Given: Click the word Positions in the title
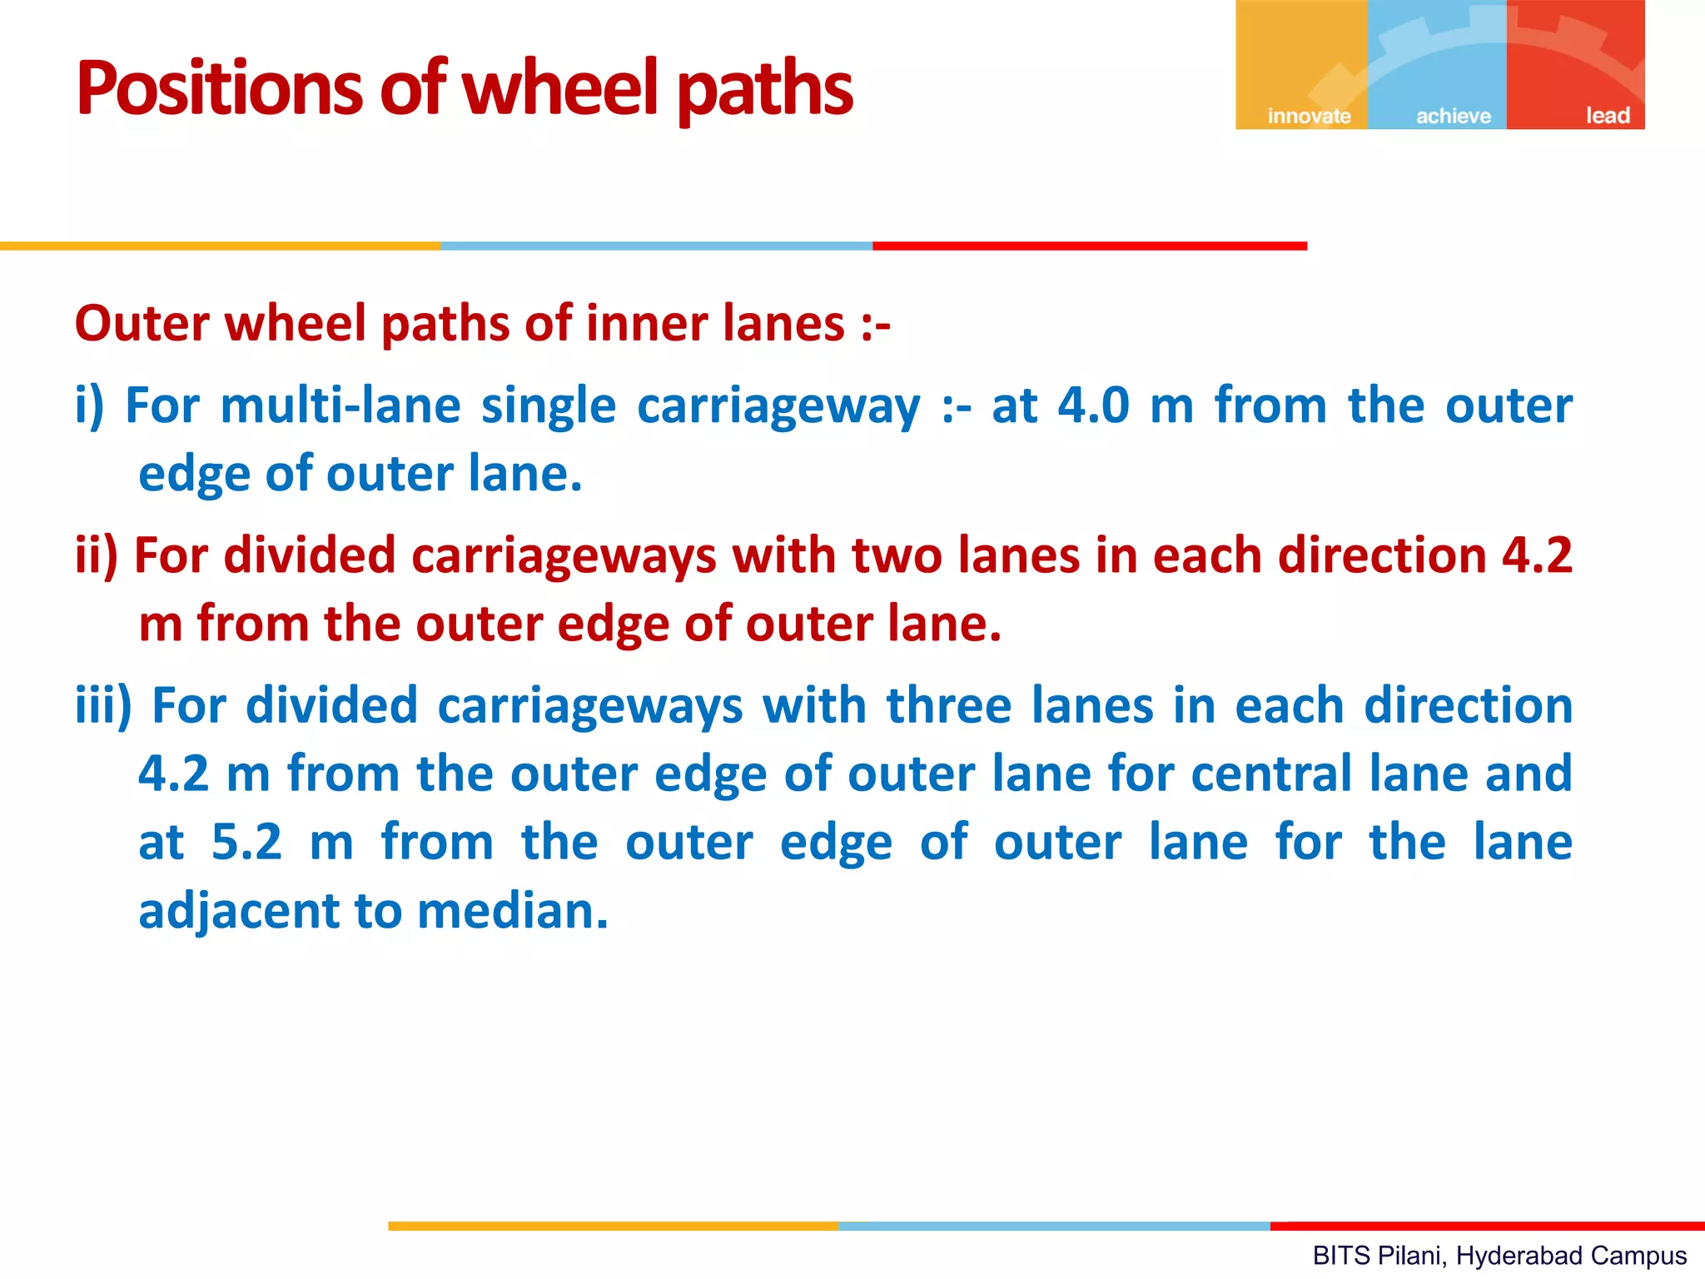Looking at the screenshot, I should [x=219, y=88].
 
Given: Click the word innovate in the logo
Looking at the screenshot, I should [x=1308, y=116].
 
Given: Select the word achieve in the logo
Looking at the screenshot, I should [x=1453, y=116].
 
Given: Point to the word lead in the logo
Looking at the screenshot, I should [x=1607, y=115].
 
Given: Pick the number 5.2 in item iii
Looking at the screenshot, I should [x=246, y=842].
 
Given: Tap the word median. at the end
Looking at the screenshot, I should [x=513, y=910].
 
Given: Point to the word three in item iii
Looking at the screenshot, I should [x=948, y=705].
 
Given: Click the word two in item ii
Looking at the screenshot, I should [x=896, y=555].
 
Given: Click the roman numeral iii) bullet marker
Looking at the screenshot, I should [x=103, y=705].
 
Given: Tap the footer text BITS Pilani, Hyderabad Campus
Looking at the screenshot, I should [x=1499, y=1255].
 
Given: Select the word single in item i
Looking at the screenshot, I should [x=548, y=407].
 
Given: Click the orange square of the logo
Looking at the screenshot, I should [x=1300, y=58].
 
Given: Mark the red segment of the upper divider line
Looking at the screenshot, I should [x=1089, y=246].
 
